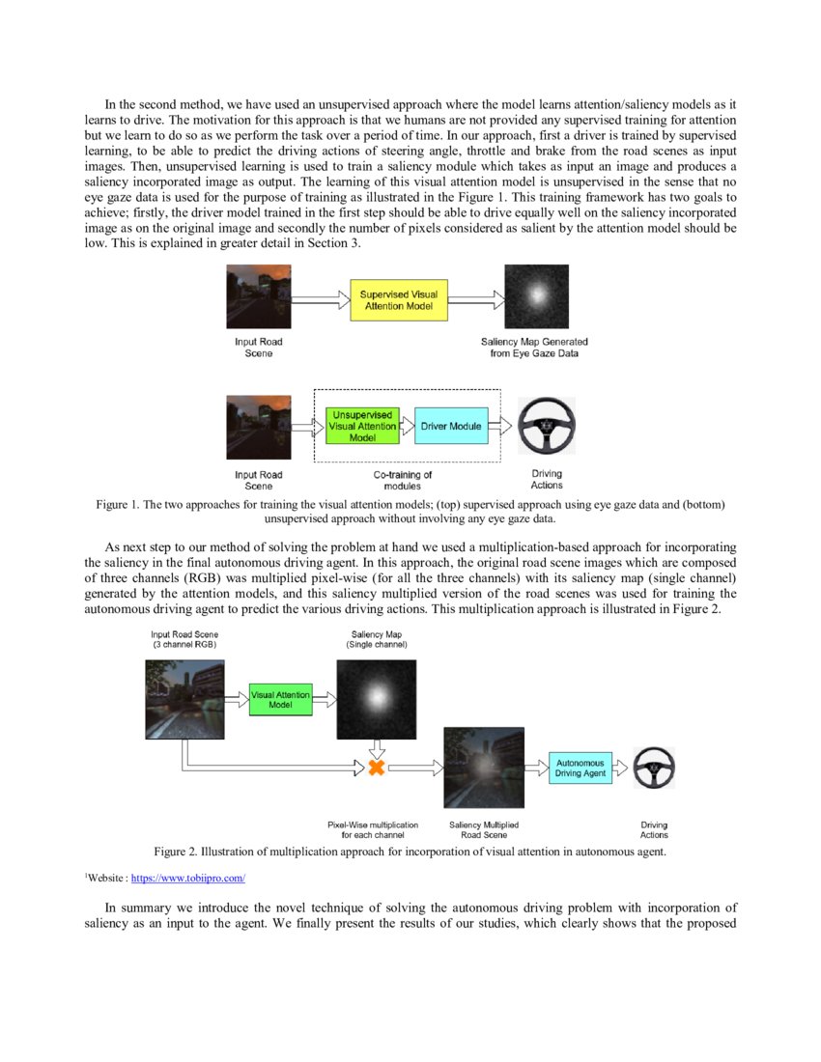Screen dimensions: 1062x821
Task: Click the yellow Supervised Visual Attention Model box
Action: tap(399, 299)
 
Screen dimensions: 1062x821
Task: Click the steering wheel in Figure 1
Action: tap(547, 426)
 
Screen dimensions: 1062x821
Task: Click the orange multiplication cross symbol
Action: tap(376, 768)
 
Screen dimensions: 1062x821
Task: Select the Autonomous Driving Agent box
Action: tap(580, 768)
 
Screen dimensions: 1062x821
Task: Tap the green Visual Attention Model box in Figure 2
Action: tap(280, 699)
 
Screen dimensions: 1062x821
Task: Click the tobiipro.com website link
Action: tap(188, 879)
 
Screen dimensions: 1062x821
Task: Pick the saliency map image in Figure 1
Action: tap(537, 296)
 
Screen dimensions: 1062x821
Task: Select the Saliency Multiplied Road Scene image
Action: tap(483, 768)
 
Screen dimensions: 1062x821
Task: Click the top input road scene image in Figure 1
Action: tap(258, 296)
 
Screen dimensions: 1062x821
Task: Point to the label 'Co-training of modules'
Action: tap(403, 480)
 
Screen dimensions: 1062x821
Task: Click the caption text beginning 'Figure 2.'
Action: tap(410, 852)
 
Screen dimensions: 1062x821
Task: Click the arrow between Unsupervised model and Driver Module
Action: tap(406, 425)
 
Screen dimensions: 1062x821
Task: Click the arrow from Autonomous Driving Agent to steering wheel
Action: tap(622, 768)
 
